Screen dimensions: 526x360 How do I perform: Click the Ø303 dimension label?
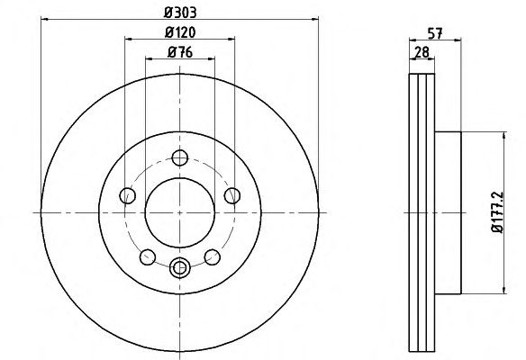pyautogui.click(x=180, y=13)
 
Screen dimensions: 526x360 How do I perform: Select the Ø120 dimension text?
pyautogui.click(x=180, y=32)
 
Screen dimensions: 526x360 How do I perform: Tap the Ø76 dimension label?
pyautogui.click(x=180, y=52)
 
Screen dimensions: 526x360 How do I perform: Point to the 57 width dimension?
pyautogui.click(x=435, y=33)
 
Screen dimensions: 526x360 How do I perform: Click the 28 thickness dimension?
pyautogui.click(x=422, y=52)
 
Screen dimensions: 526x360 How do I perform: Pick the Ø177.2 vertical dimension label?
pyautogui.click(x=497, y=212)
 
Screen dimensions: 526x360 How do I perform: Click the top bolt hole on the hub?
pyautogui.click(x=180, y=157)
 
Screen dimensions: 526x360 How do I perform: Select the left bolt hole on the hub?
pyautogui.click(x=128, y=195)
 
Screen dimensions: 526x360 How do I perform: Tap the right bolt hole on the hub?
pyautogui.click(x=232, y=195)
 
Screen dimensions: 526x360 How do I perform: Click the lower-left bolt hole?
pyautogui.click(x=148, y=257)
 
